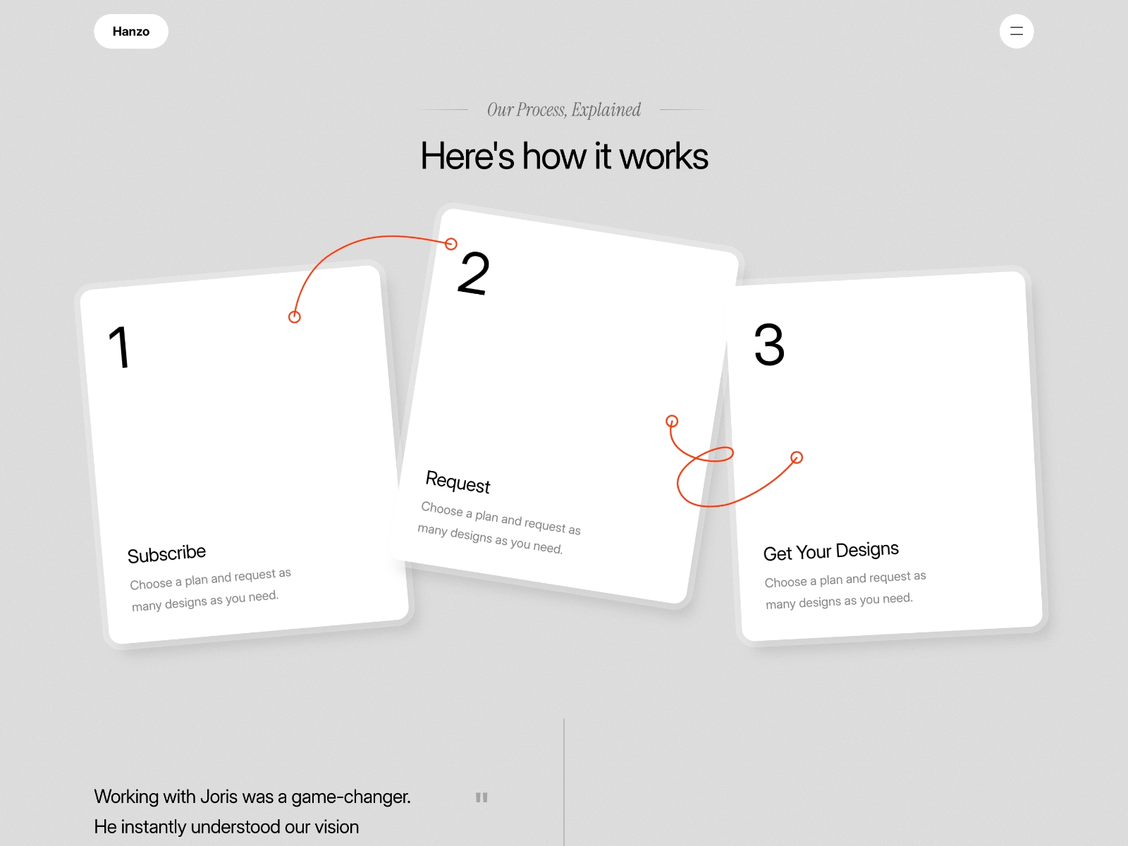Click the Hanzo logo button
pyautogui.click(x=131, y=31)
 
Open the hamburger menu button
pyautogui.click(x=1016, y=31)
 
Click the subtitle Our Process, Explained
pyautogui.click(x=564, y=109)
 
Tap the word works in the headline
pyautogui.click(x=663, y=156)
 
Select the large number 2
pyautogui.click(x=473, y=273)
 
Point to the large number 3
pyautogui.click(x=769, y=344)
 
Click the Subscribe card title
pyautogui.click(x=166, y=553)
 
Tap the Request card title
pyautogui.click(x=458, y=482)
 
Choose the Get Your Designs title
pyautogui.click(x=831, y=551)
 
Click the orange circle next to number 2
pyautogui.click(x=450, y=243)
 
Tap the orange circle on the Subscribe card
pyautogui.click(x=294, y=317)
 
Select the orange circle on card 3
pyautogui.click(x=797, y=457)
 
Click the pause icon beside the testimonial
pyautogui.click(x=481, y=797)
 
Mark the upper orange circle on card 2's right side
pyautogui.click(x=672, y=421)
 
